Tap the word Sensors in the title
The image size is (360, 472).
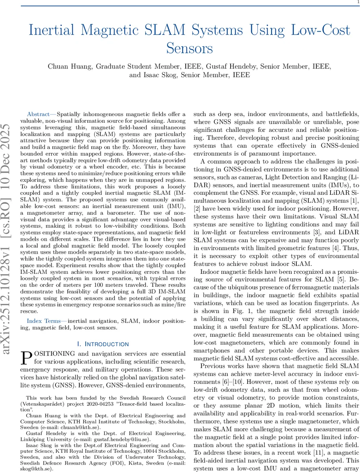point(190,49)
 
